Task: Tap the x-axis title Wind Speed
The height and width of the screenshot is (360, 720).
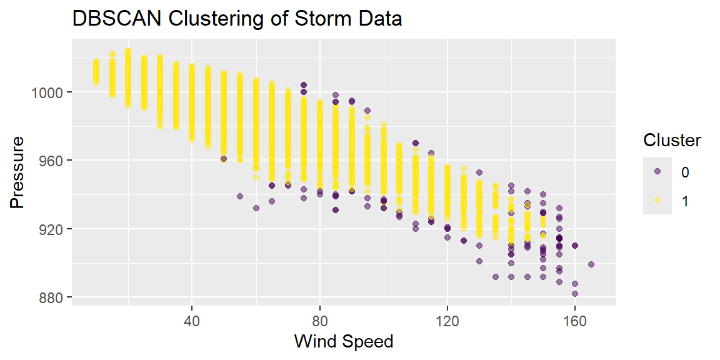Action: (344, 341)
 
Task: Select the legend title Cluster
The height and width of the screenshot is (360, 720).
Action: (672, 141)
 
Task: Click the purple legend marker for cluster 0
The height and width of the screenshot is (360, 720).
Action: (657, 171)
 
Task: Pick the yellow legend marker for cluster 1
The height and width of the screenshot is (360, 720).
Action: (657, 200)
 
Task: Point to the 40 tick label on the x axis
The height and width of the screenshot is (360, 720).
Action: (192, 321)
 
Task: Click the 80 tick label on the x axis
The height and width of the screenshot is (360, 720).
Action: (319, 321)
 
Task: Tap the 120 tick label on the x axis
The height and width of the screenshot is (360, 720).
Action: (447, 321)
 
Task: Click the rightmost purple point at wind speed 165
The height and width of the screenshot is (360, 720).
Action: (591, 264)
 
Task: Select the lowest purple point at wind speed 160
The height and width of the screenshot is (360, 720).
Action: (575, 293)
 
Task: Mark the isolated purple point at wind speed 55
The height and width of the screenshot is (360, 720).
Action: (240, 196)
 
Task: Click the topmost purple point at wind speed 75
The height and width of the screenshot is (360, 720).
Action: (304, 85)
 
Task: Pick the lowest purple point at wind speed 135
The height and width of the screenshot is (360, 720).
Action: (496, 277)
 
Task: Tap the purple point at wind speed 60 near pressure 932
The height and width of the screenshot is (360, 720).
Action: (256, 208)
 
